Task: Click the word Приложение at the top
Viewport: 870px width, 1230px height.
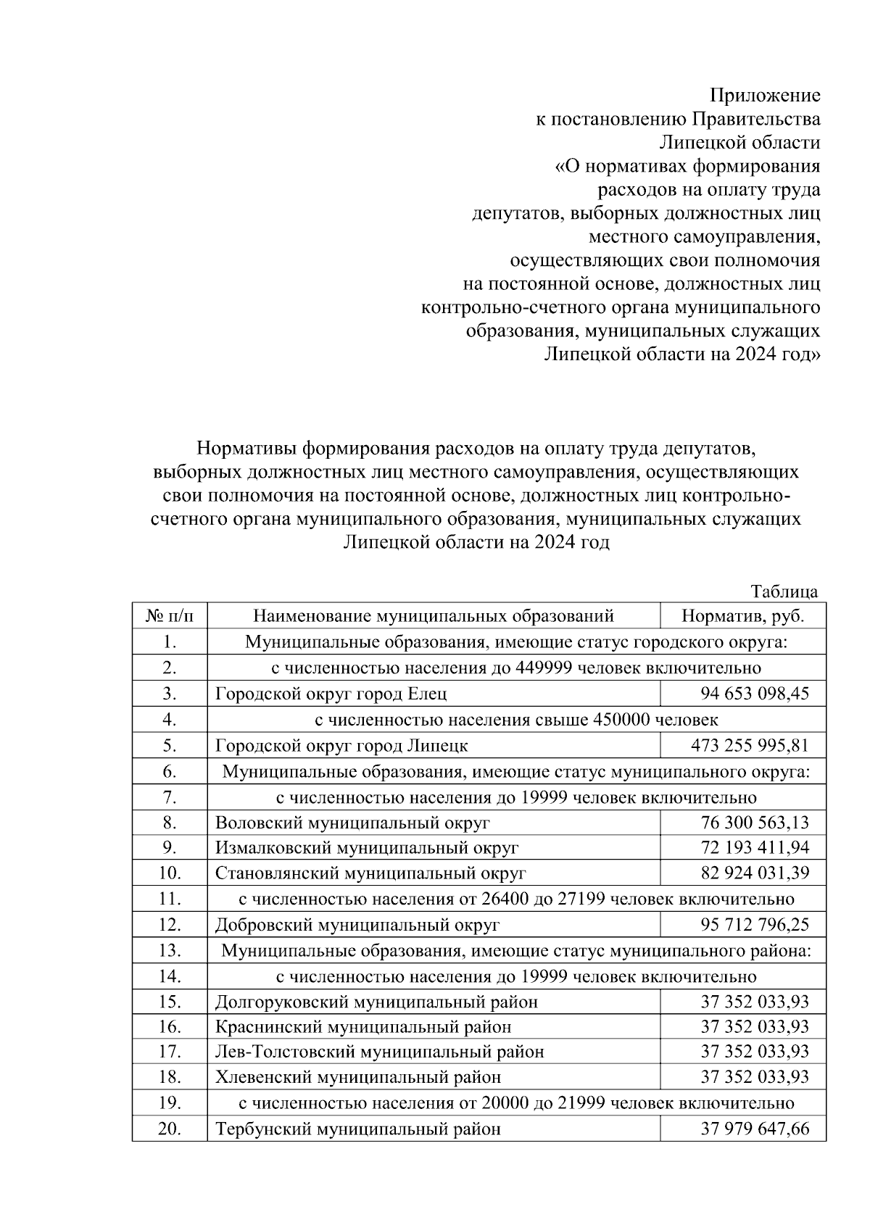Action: (764, 96)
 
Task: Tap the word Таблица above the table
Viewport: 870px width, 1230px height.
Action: (784, 591)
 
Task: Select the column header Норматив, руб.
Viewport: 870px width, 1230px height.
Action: (743, 616)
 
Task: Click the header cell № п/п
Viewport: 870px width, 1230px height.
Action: (170, 616)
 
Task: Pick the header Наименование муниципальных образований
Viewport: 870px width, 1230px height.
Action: (434, 616)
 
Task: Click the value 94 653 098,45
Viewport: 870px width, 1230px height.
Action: (754, 694)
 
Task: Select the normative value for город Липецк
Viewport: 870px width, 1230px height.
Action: (750, 745)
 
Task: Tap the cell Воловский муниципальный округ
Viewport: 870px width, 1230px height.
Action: (352, 823)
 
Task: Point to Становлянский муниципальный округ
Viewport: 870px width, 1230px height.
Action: (370, 873)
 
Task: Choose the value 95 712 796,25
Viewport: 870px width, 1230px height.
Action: (754, 925)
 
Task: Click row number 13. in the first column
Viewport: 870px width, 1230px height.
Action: (170, 950)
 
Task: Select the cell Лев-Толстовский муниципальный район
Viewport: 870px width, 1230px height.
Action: (379, 1052)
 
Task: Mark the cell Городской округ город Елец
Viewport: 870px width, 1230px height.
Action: (331, 694)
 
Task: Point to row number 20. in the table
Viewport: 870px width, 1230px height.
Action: (170, 1129)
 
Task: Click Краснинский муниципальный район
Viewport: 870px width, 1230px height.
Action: (362, 1027)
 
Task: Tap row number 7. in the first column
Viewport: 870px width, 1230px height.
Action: (170, 797)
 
